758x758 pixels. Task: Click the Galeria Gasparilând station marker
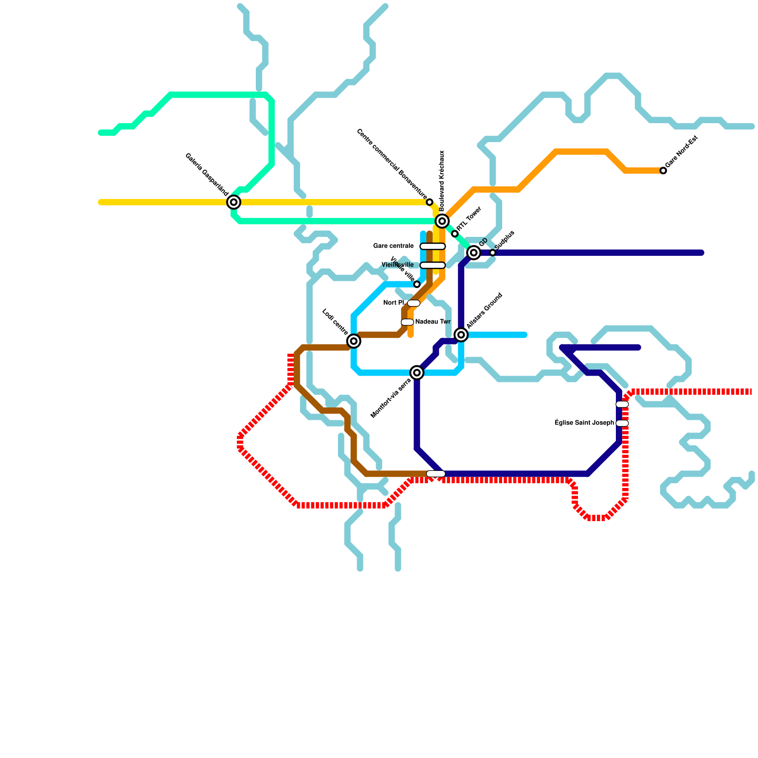click(234, 202)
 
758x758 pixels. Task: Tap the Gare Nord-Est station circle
click(663, 171)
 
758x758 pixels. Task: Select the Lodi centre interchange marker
click(353, 341)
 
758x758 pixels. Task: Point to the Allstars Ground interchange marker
click(461, 335)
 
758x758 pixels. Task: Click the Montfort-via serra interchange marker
click(417, 373)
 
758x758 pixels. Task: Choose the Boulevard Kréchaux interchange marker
click(442, 221)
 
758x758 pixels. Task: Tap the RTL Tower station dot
click(455, 234)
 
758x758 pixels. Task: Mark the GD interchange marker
click(474, 253)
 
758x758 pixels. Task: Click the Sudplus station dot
click(493, 253)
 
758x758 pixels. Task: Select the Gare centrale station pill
click(433, 246)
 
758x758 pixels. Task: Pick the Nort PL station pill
click(414, 303)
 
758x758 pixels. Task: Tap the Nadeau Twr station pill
click(407, 322)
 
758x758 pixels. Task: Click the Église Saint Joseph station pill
click(622, 423)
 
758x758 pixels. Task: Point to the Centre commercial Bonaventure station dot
click(430, 202)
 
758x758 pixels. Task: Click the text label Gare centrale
click(393, 246)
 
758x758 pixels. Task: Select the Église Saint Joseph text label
click(584, 423)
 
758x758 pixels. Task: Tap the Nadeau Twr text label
click(433, 322)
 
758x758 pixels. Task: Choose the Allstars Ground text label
click(484, 311)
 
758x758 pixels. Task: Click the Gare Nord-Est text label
click(682, 152)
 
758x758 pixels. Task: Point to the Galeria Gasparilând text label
click(207, 174)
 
